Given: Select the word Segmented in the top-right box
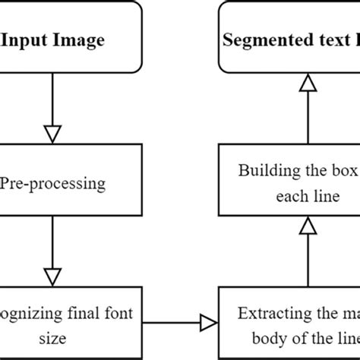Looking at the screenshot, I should (x=260, y=39).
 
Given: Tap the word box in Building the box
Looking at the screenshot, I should (x=346, y=170).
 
